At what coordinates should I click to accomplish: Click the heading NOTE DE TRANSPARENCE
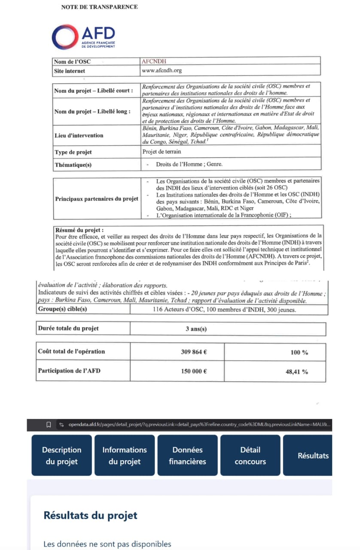(x=99, y=7)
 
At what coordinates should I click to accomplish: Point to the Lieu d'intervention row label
(x=79, y=135)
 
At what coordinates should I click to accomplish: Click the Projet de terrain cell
(x=162, y=152)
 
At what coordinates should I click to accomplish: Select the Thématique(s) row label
(x=73, y=165)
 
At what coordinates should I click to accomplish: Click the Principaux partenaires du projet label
(x=97, y=199)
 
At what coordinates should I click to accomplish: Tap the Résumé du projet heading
(x=79, y=230)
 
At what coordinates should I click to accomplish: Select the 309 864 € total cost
(x=194, y=351)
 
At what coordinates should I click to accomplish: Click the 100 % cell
(x=299, y=352)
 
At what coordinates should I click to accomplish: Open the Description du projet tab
(x=61, y=455)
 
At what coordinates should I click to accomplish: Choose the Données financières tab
(x=187, y=455)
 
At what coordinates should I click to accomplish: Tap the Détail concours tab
(x=250, y=455)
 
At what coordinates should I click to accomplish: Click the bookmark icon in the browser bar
(x=49, y=425)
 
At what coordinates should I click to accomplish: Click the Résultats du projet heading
(x=90, y=515)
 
